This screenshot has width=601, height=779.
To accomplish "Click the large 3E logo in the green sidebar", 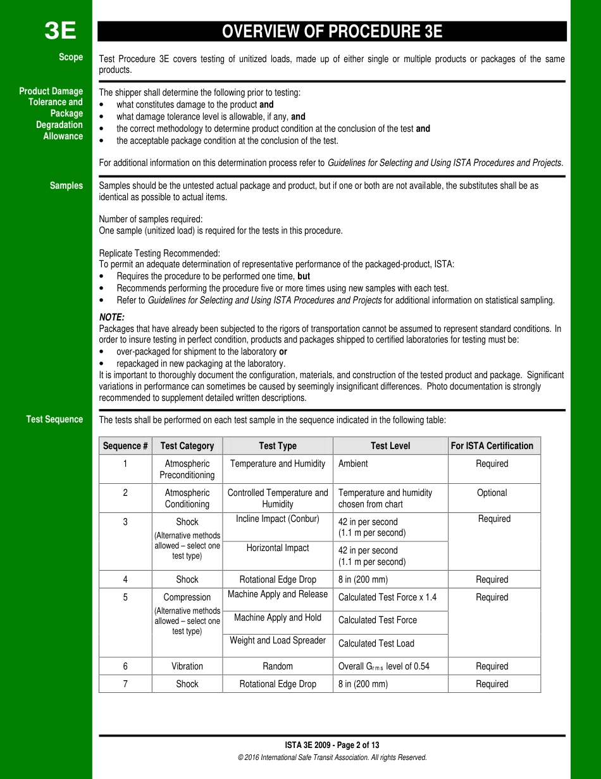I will (60, 30).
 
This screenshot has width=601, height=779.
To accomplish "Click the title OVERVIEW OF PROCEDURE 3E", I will (331, 32).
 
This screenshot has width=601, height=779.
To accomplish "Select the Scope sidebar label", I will (71, 57).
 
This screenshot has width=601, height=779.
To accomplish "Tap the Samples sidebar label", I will (66, 186).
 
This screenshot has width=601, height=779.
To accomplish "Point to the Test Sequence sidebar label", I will (54, 419).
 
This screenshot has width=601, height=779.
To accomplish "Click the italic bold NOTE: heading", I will (112, 317).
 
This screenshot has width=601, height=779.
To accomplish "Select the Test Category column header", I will (187, 446).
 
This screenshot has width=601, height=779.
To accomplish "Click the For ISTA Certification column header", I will (492, 446).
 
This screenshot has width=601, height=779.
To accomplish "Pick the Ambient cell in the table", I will (353, 464).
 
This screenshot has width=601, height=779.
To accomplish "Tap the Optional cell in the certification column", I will (492, 493).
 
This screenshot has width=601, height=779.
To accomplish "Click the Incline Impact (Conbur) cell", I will (277, 519).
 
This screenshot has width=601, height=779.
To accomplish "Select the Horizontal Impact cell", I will (278, 548).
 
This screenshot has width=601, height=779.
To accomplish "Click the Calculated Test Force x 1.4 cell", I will (387, 597).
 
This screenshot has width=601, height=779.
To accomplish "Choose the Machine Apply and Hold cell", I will (278, 617).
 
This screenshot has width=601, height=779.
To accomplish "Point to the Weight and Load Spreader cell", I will (278, 640).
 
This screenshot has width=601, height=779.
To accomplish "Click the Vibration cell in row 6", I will (187, 666).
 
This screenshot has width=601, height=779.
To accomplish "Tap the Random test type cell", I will (278, 666).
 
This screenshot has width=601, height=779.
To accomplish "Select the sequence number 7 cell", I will (125, 684).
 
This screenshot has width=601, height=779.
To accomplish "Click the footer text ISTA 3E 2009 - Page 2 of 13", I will (332, 745).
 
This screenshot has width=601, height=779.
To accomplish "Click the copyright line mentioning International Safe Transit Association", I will (332, 757).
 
